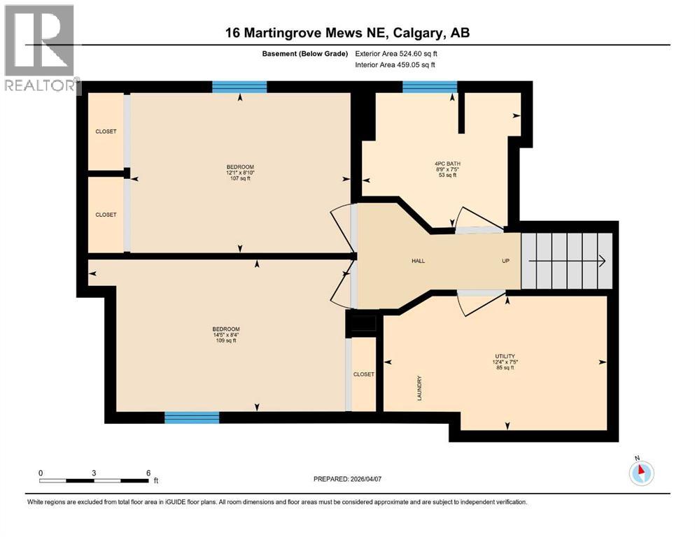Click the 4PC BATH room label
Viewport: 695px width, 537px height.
click(447, 164)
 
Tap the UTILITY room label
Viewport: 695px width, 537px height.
click(505, 357)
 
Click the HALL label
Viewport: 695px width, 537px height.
click(418, 261)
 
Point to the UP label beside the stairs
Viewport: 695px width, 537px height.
click(505, 261)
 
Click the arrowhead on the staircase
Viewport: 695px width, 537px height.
click(601, 261)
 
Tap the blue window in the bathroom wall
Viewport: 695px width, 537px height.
click(430, 87)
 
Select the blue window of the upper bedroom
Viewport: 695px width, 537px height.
click(239, 87)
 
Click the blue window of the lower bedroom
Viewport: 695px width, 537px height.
click(192, 417)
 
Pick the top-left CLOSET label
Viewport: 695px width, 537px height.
click(106, 131)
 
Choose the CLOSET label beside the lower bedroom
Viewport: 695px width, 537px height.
click(364, 374)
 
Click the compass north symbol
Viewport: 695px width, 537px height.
click(641, 472)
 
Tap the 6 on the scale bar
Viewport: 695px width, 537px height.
click(148, 473)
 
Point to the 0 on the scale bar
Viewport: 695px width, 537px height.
click(41, 473)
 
